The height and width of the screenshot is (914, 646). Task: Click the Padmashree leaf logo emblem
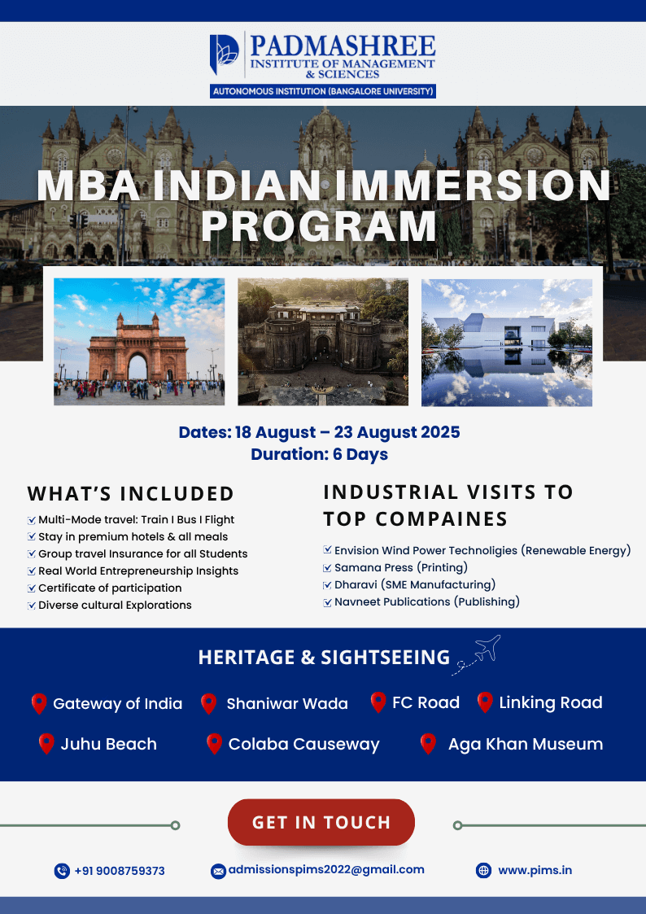coord(225,55)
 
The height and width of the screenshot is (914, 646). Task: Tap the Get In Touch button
coord(321,822)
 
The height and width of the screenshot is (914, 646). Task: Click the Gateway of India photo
coord(139,342)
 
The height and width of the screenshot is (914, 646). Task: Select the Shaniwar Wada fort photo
coord(323,342)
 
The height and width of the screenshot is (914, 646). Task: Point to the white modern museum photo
coord(507,342)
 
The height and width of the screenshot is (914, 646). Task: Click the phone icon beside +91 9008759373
coord(62,871)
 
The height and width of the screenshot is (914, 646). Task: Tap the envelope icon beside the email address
coord(218,871)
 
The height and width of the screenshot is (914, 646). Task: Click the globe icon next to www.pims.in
coord(483,870)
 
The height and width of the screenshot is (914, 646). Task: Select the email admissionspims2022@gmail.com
coord(326,870)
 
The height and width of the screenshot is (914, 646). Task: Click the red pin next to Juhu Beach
coord(46,744)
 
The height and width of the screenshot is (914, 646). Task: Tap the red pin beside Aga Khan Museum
coord(428,744)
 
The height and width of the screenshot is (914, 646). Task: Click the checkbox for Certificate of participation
coord(32,588)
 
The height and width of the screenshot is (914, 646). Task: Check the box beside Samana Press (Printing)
coord(327,568)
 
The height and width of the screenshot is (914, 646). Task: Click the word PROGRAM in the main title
coord(319,226)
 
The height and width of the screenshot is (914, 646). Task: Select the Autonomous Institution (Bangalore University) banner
coord(323,91)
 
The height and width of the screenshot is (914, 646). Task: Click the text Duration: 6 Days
coord(319,454)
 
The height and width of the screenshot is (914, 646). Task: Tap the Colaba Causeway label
coord(303,745)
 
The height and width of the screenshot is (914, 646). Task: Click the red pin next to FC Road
coord(378,702)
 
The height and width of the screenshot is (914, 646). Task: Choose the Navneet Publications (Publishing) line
coord(427,601)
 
